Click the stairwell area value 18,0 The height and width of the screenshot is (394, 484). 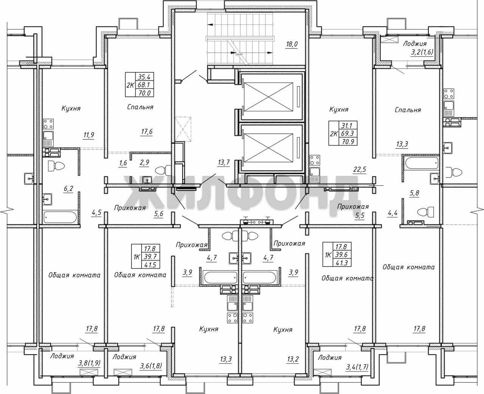(292, 44)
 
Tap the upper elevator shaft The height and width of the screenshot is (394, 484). (272, 96)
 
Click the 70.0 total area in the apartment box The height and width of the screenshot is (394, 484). (144, 93)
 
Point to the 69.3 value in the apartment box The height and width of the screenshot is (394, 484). (347, 133)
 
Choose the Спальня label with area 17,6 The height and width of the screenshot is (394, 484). (140, 107)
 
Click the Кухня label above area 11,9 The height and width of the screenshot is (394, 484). (71, 109)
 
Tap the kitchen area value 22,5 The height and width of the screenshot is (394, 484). (360, 169)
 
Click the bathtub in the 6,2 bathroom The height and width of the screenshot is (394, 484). (60, 217)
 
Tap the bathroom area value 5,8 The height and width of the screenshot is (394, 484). (414, 193)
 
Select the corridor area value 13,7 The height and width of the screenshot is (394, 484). (223, 163)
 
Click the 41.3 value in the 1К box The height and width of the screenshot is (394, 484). (341, 263)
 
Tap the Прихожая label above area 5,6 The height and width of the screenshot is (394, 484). (130, 208)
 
